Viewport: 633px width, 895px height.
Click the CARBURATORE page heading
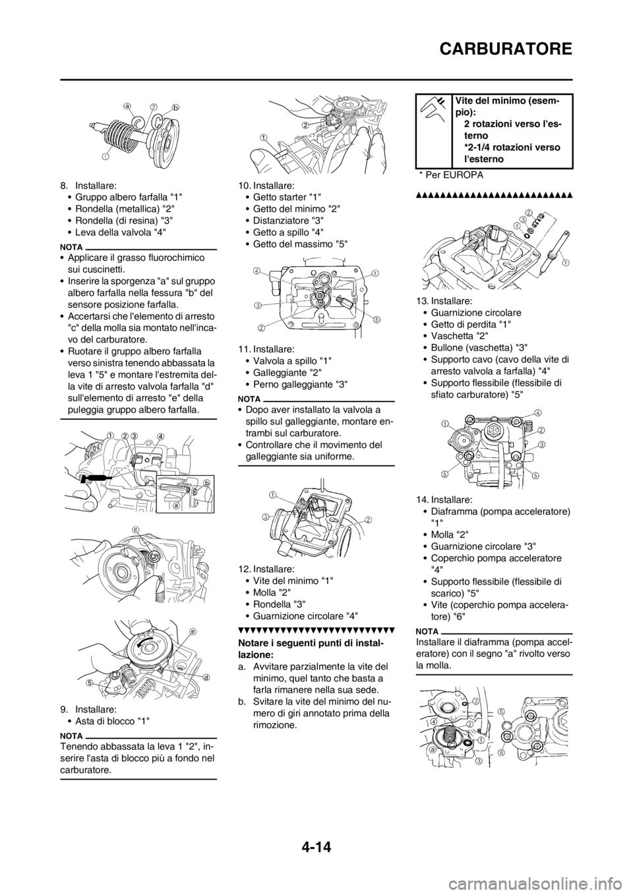506,49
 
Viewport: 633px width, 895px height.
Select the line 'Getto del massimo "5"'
301,244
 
